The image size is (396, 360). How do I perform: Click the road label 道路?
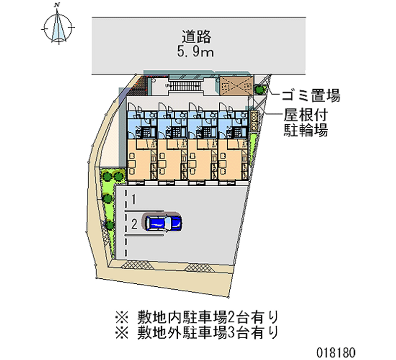[x=197, y=36]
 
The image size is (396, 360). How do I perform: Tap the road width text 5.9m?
[x=197, y=51]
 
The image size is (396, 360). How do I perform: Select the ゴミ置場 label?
[x=311, y=95]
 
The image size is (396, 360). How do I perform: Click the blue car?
[x=163, y=222]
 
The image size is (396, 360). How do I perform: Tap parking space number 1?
[x=134, y=200]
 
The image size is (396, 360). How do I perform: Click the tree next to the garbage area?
[x=260, y=90]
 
